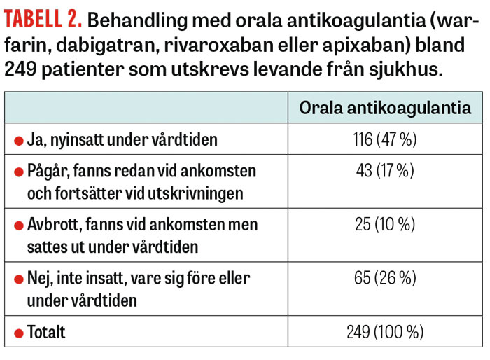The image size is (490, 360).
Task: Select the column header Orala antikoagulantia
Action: click(385, 108)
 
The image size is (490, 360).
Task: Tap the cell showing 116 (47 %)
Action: click(385, 139)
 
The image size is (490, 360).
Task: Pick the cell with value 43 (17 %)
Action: click(385, 171)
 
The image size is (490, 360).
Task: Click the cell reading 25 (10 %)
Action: click(385, 225)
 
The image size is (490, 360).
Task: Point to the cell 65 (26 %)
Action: click(385, 279)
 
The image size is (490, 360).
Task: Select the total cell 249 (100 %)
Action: click(385, 332)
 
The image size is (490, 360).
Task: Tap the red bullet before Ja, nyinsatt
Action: click(19, 140)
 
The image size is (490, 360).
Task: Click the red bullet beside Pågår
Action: click(19, 172)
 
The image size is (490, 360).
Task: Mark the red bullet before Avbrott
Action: click(19, 226)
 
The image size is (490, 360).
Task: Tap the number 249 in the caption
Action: click(22, 71)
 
